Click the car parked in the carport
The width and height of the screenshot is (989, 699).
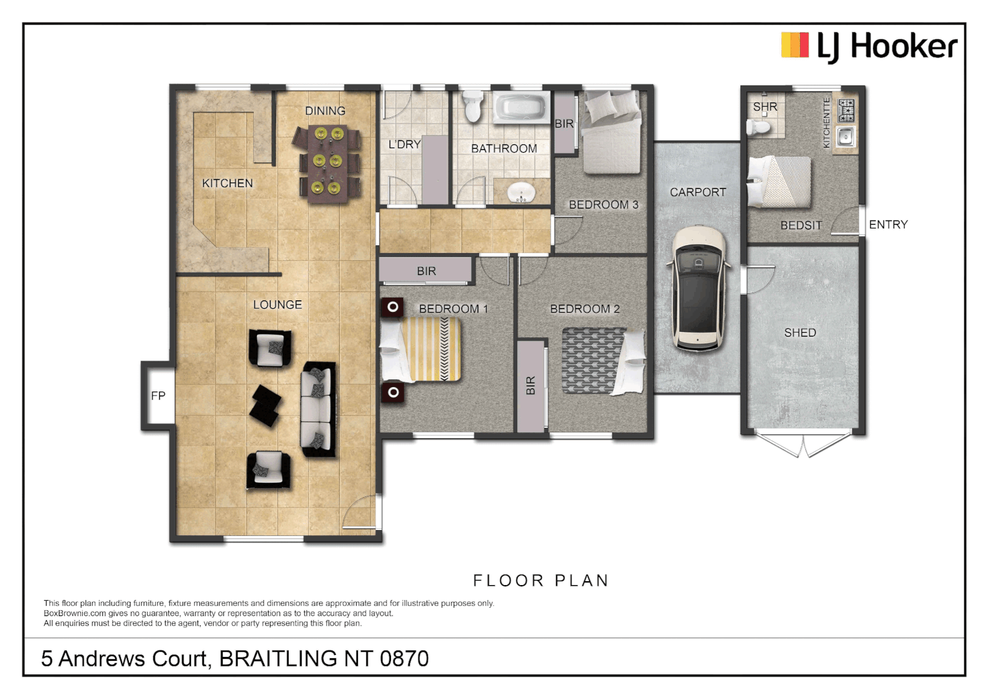(x=698, y=288)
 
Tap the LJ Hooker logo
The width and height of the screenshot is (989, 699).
(x=869, y=47)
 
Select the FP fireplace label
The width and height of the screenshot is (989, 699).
(x=158, y=395)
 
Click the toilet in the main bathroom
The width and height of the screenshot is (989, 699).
(x=473, y=105)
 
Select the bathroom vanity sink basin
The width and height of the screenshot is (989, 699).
(x=521, y=192)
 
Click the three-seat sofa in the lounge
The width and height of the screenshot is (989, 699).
(x=318, y=409)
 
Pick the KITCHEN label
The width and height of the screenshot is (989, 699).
(x=227, y=183)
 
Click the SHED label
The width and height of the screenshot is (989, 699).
(x=800, y=333)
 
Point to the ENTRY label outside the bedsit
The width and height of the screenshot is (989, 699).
(x=888, y=225)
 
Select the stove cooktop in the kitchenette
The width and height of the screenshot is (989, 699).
(x=846, y=111)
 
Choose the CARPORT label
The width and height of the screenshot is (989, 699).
(x=698, y=192)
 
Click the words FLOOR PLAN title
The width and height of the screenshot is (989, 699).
(x=541, y=581)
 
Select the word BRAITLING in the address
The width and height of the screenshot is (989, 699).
(x=278, y=658)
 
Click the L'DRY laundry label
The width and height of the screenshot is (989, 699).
(x=405, y=144)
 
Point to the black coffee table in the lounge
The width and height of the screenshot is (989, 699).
(x=266, y=406)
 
